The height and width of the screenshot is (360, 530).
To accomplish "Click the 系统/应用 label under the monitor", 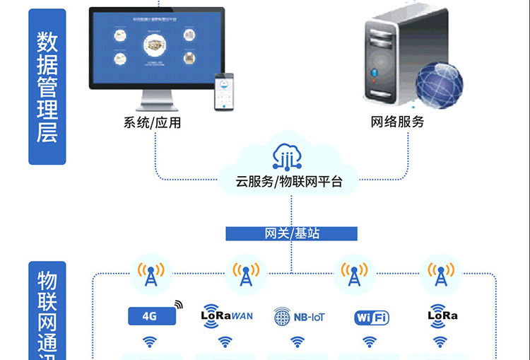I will click(x=153, y=122).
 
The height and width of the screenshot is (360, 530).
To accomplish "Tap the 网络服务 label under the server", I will click(x=398, y=122).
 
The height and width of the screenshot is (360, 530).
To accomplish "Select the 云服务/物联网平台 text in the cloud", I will click(x=289, y=182).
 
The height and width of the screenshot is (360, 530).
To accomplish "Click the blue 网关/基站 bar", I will click(x=292, y=233).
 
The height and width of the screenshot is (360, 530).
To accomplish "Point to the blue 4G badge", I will click(x=150, y=316).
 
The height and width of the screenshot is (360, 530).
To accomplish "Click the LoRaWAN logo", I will click(x=227, y=314).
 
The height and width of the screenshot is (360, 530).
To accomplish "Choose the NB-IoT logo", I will click(x=300, y=317).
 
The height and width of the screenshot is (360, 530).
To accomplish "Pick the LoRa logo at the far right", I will click(x=443, y=315).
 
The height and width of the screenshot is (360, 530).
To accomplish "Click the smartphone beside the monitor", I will click(x=224, y=91).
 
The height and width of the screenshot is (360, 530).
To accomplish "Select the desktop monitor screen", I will click(x=156, y=47).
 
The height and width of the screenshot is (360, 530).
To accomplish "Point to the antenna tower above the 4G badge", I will click(x=151, y=274).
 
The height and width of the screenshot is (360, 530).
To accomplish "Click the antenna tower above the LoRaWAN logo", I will click(x=245, y=274).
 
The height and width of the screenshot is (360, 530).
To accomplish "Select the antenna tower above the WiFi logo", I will click(x=353, y=274).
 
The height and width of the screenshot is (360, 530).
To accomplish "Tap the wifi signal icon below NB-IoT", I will click(x=298, y=342).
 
